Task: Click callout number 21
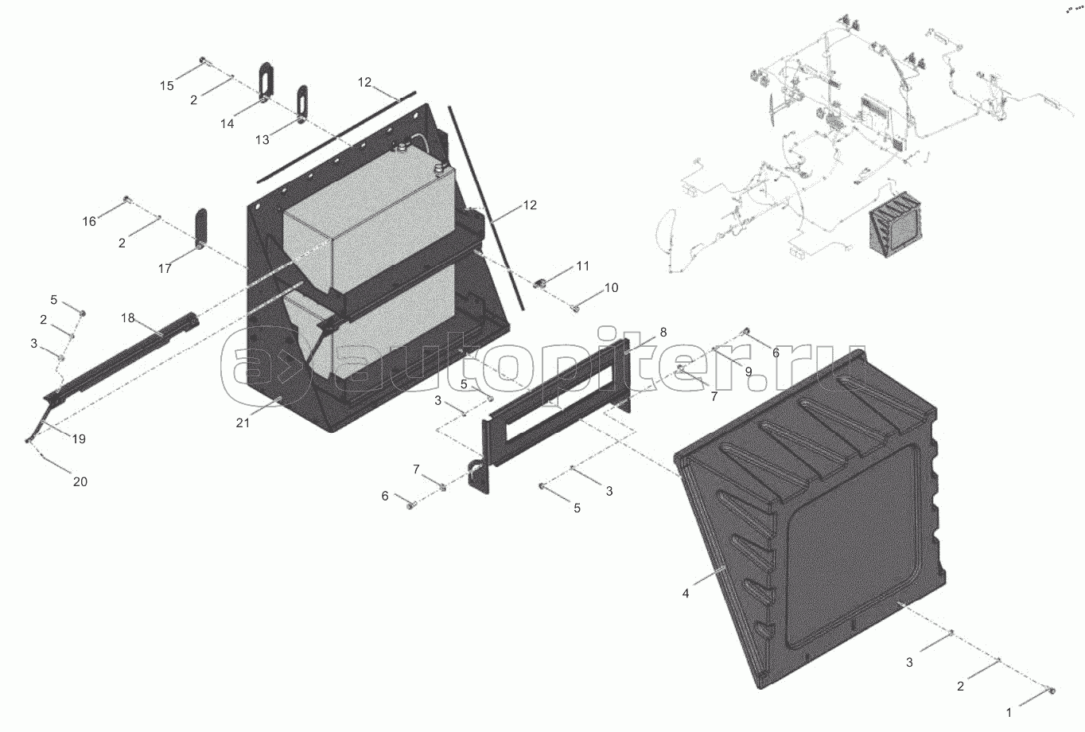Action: (x=243, y=423)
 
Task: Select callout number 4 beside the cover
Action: (x=686, y=594)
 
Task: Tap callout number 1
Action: (x=1009, y=713)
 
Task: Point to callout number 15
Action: (x=166, y=86)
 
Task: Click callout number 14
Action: (x=228, y=123)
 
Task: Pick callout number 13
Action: (x=262, y=139)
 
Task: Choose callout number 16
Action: (x=89, y=221)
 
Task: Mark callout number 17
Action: (x=165, y=269)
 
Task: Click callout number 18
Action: (x=128, y=318)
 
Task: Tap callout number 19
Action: (x=79, y=439)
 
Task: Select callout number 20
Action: (x=80, y=481)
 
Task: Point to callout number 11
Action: (x=583, y=266)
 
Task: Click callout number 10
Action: (x=611, y=288)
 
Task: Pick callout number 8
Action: (x=663, y=332)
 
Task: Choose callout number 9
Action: (x=749, y=371)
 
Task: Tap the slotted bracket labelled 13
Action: (x=302, y=102)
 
